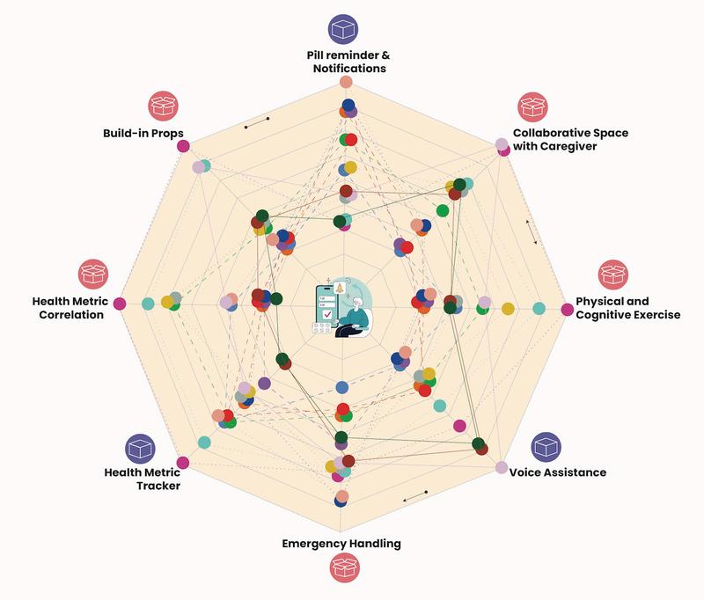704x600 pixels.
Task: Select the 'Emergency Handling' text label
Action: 341,543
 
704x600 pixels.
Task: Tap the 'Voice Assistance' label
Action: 557,472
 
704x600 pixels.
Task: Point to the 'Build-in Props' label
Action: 143,134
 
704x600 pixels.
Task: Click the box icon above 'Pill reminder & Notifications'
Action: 343,29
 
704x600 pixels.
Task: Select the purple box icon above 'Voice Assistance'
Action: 546,447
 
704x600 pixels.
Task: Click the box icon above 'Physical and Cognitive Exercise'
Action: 614,275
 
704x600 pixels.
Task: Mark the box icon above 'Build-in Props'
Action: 163,106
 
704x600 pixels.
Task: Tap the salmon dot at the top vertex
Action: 346,83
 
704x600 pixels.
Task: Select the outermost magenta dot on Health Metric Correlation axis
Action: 121,305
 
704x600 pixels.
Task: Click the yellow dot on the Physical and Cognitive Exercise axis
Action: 508,307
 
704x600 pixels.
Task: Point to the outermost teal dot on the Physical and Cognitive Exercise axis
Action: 539,307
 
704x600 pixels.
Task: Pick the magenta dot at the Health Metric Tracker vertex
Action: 183,463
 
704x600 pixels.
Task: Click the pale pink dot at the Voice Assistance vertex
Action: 502,467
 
